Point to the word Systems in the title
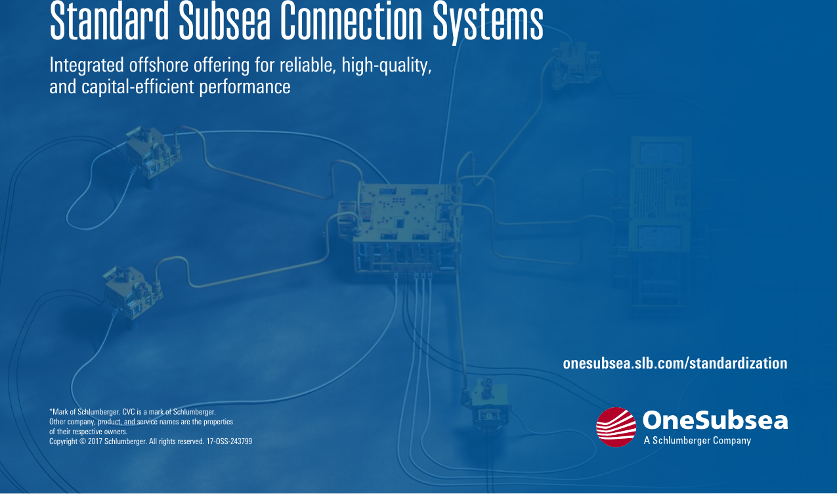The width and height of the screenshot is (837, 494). point(488,22)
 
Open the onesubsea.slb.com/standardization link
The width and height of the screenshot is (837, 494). point(675,363)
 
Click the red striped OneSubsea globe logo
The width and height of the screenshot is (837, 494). point(616,426)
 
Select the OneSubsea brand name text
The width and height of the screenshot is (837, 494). point(715,420)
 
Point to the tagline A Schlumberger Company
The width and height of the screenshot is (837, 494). point(697,441)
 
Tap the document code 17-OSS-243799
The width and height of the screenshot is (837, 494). point(229,441)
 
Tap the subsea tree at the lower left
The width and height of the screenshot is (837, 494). point(131,292)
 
